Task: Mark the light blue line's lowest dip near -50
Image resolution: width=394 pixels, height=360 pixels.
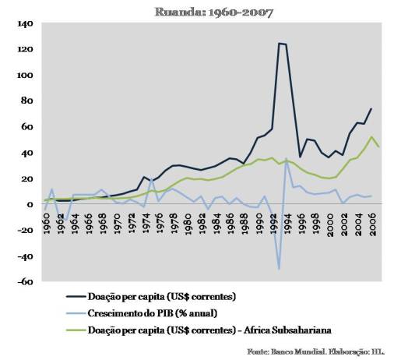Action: [x=279, y=269]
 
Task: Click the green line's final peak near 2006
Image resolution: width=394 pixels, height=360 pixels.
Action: [x=371, y=137]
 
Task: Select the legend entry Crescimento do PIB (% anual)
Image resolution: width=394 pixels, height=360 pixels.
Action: [x=153, y=313]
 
